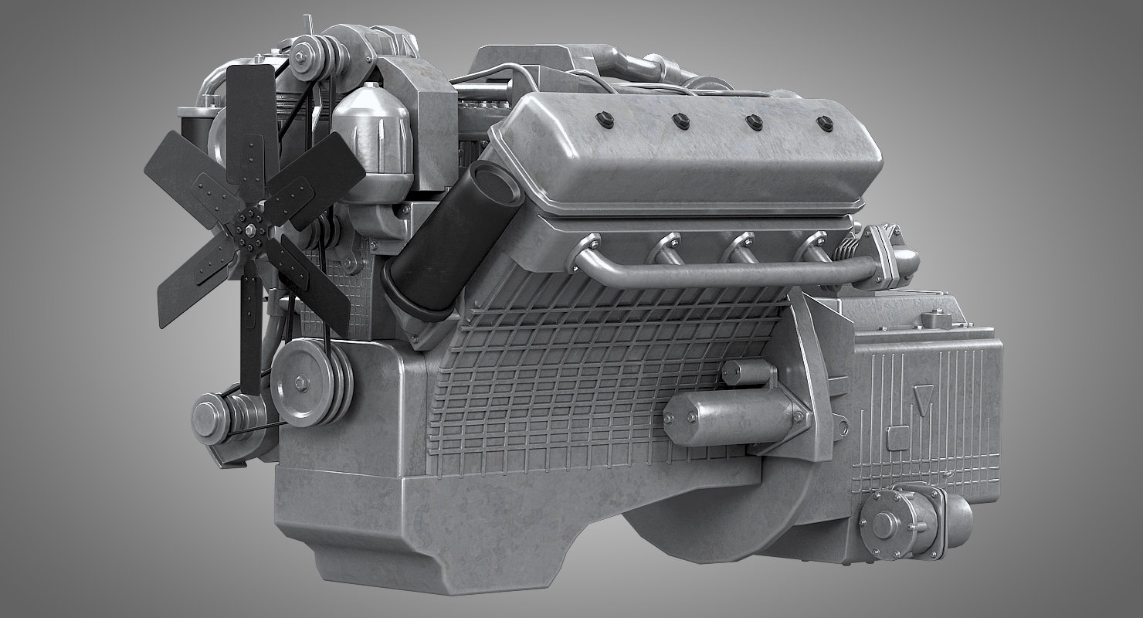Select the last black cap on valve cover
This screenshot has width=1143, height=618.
824,122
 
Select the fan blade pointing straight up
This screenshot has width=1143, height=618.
251,116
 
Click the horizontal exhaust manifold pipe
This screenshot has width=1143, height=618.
718,274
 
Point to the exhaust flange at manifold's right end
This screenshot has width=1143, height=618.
888,255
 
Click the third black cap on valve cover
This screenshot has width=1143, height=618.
753,121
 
